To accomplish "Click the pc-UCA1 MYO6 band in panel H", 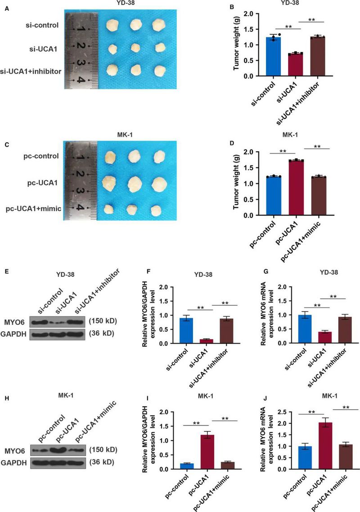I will tap(61, 449).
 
